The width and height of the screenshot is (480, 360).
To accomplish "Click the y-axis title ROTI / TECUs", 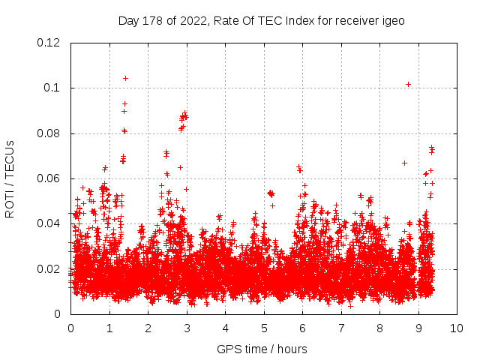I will [10, 178].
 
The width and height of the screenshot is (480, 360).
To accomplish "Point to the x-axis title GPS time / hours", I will [262, 349].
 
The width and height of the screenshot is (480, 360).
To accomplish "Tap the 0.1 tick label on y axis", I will [55, 88].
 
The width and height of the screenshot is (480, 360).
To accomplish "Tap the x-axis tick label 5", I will [264, 328].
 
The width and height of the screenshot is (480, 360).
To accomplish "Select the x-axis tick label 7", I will [341, 328].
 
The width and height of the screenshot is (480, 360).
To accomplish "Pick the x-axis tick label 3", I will [187, 328].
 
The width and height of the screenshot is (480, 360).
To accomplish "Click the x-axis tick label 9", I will [418, 328].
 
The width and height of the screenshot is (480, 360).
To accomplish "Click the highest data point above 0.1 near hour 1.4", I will [125, 78].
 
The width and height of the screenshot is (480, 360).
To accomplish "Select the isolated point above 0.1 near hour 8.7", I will [408, 84].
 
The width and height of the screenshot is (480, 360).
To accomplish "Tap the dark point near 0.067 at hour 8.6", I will [404, 163].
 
